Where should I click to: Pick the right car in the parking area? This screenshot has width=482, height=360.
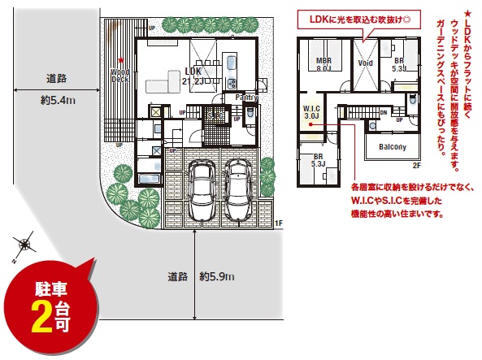pyautogui.click(x=237, y=190)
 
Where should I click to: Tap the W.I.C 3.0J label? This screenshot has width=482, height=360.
pyautogui.click(x=310, y=112)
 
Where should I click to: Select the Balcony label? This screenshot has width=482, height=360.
pyautogui.click(x=392, y=146)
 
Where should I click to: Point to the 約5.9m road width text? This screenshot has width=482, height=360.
pyautogui.click(x=217, y=276)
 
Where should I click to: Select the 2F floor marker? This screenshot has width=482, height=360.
pyautogui.click(x=415, y=165)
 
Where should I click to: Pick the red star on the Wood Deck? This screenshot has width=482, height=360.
pyautogui.click(x=120, y=60)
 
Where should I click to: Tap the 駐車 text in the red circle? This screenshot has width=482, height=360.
pyautogui.click(x=47, y=288)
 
